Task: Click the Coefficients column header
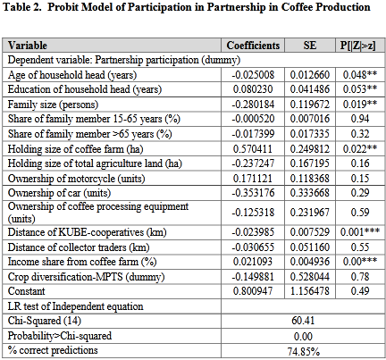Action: click(x=253, y=46)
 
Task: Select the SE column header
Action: click(x=310, y=46)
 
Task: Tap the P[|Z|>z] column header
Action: click(x=357, y=46)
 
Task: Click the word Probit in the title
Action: click(x=64, y=7)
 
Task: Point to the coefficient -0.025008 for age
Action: click(x=253, y=75)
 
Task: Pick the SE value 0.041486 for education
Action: click(x=310, y=89)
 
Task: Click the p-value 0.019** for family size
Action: click(x=360, y=104)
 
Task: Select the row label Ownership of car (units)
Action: click(x=59, y=193)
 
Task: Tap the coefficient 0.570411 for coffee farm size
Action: click(x=253, y=148)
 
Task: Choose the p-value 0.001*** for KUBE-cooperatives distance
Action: click(x=360, y=231)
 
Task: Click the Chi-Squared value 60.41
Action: click(x=303, y=321)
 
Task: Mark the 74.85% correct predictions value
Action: click(x=304, y=352)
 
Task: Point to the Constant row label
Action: click(x=26, y=291)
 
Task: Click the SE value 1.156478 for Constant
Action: click(x=310, y=290)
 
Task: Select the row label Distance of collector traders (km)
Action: click(x=79, y=247)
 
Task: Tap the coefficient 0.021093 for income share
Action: click(x=253, y=262)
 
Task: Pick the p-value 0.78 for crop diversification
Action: click(x=360, y=276)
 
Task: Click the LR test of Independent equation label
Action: click(x=75, y=306)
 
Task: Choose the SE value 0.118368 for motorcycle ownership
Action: click(x=310, y=179)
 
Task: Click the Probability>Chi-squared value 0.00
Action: click(x=303, y=336)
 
